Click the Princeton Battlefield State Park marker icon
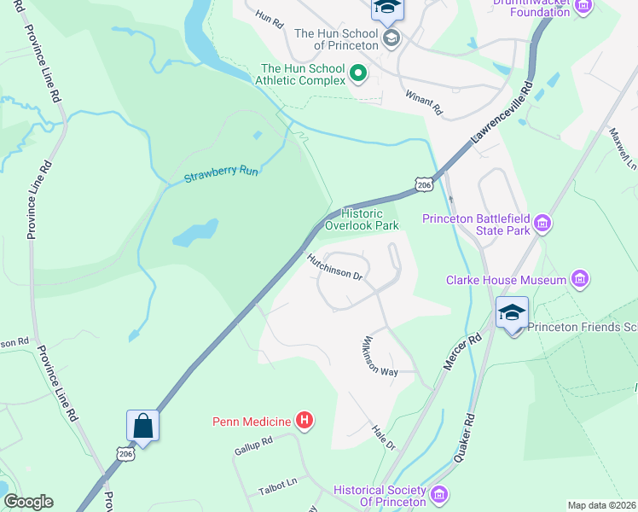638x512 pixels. click(x=542, y=225)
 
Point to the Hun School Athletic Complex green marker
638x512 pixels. click(x=357, y=74)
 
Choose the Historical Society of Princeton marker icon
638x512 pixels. click(x=439, y=495)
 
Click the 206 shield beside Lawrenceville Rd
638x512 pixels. click(x=423, y=185)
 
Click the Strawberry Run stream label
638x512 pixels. click(x=221, y=176)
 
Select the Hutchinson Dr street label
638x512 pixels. click(x=336, y=265)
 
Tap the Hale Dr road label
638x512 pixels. click(x=384, y=438)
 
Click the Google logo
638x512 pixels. click(x=28, y=502)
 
